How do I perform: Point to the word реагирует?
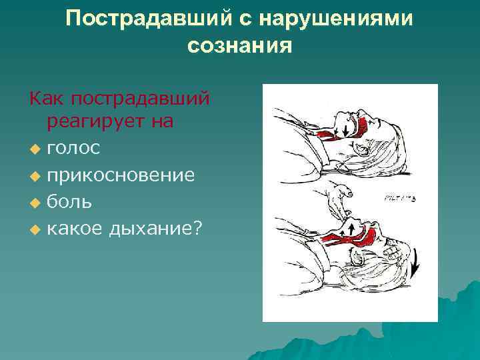pos(101,121)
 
